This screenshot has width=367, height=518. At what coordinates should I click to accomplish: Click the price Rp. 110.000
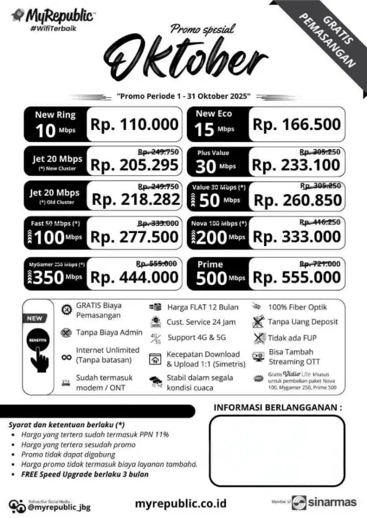[135, 125]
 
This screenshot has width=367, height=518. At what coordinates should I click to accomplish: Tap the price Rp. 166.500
[297, 125]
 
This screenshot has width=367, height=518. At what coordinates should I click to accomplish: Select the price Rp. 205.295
[135, 165]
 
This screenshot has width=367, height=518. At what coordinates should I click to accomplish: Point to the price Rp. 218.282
[136, 200]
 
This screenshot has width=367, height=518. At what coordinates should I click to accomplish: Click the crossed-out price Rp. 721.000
[320, 264]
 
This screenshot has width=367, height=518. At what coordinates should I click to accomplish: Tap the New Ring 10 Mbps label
[55, 124]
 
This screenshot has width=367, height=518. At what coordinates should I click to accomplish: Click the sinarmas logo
[324, 502]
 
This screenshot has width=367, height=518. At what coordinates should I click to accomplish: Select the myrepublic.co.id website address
[181, 502]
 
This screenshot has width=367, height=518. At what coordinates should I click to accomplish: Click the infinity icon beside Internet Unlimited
[66, 356]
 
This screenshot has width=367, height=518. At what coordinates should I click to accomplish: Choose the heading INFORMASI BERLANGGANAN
[277, 408]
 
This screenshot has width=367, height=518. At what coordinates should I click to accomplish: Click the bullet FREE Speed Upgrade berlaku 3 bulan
[84, 474]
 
